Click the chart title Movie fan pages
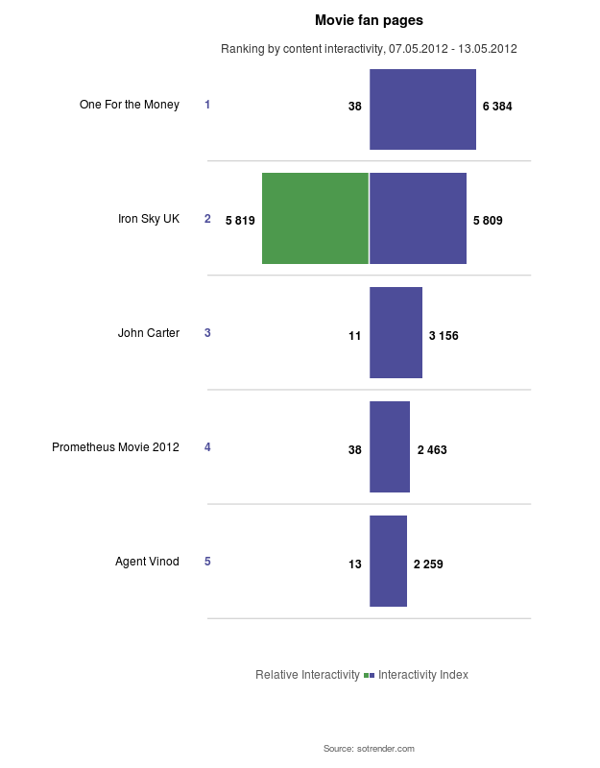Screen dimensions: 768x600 pyautogui.click(x=369, y=20)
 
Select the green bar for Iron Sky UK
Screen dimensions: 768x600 pyautogui.click(x=315, y=219)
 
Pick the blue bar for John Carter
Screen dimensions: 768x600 pyautogui.click(x=396, y=332)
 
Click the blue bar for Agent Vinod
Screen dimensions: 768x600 pyautogui.click(x=388, y=561)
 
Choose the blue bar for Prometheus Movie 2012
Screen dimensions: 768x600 pyautogui.click(x=390, y=446)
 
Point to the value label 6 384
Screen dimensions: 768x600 pyautogui.click(x=497, y=107)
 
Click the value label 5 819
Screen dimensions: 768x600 pyautogui.click(x=240, y=221)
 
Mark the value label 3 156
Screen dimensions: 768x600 pyautogui.click(x=444, y=336)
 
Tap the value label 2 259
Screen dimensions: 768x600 pyautogui.click(x=428, y=564)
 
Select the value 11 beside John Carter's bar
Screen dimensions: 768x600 pyautogui.click(x=354, y=336)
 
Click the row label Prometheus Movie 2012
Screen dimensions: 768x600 pyautogui.click(x=115, y=447)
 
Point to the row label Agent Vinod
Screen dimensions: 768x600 pyautogui.click(x=147, y=562)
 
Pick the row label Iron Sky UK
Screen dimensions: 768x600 pyautogui.click(x=149, y=219)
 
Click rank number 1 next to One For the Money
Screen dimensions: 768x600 pyautogui.click(x=207, y=105)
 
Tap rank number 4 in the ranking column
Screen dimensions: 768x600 pyautogui.click(x=207, y=447)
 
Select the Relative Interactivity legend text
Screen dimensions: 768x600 pyautogui.click(x=307, y=675)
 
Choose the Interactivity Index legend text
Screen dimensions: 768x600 pyautogui.click(x=423, y=675)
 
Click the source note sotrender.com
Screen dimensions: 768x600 pyautogui.click(x=369, y=748)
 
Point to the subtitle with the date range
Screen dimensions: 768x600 pyautogui.click(x=369, y=49)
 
